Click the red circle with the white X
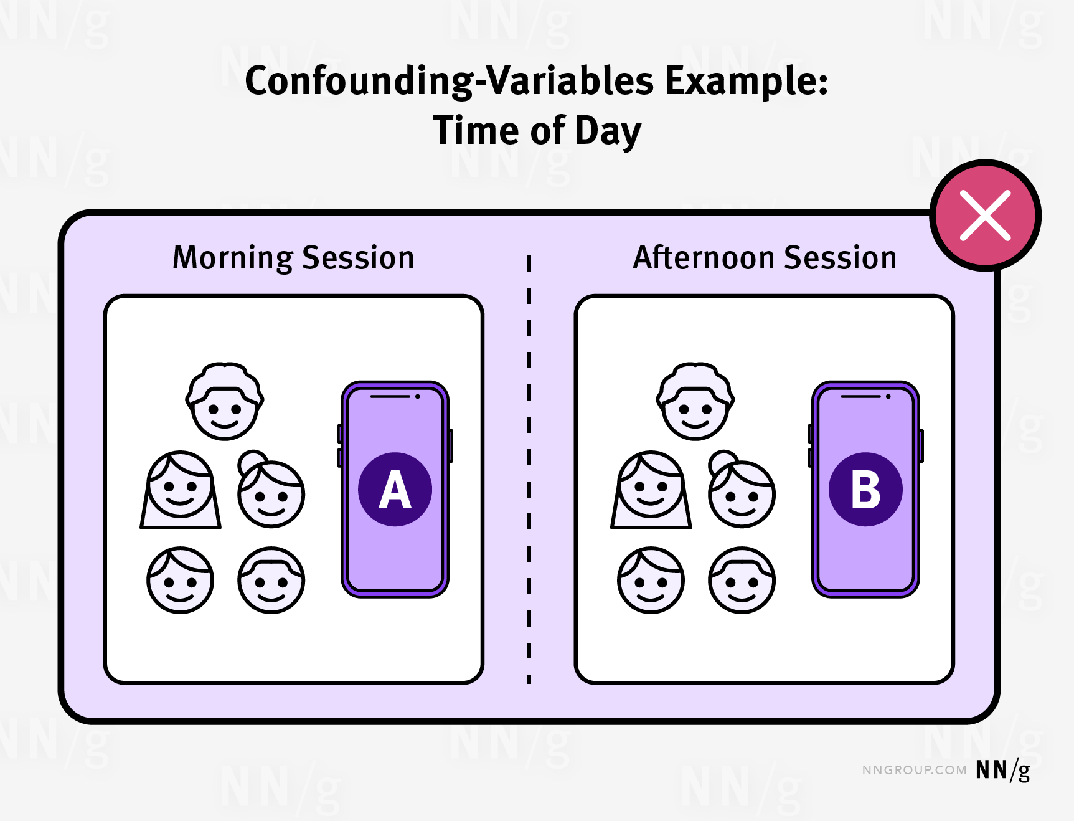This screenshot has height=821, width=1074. click(985, 216)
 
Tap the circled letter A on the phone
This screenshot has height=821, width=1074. click(395, 489)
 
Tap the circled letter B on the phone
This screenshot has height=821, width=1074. click(865, 489)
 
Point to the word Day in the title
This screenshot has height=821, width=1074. click(608, 132)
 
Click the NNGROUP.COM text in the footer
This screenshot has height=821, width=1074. click(914, 770)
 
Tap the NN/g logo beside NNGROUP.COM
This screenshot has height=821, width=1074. click(1003, 771)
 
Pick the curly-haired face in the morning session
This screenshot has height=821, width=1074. click(224, 401)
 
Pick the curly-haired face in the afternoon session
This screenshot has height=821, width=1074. click(695, 401)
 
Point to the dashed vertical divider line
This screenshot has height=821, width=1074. click(529, 469)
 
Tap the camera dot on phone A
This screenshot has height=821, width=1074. click(417, 396)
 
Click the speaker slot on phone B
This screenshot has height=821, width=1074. click(860, 396)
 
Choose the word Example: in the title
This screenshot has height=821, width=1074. click(747, 82)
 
